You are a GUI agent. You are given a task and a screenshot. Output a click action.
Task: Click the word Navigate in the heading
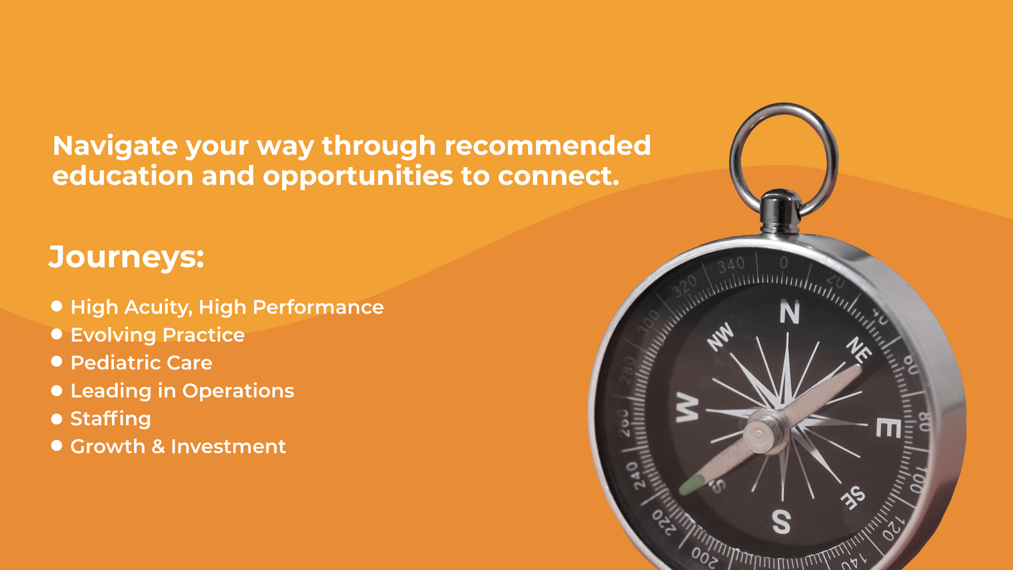coord(115,146)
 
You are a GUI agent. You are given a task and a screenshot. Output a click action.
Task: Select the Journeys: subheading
coord(126,258)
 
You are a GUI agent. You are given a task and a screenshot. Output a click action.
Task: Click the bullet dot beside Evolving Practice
coord(57,334)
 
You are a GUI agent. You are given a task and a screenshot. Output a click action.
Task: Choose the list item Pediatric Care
coord(141,363)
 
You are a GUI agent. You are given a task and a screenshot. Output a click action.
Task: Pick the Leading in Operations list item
coord(182,391)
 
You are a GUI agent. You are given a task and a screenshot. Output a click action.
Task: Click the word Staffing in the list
coord(111,419)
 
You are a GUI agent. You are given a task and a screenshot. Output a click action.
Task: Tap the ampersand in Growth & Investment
coord(158,446)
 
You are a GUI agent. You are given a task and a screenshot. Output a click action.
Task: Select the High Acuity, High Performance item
coord(227,307)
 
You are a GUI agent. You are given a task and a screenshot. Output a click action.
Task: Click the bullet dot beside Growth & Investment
coord(57,446)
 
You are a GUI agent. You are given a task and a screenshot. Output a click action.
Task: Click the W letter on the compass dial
coord(687,407)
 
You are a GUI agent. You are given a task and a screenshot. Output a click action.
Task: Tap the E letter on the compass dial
coord(888,427)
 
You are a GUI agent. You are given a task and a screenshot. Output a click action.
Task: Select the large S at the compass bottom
coord(781,521)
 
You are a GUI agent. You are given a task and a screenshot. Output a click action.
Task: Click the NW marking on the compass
coord(721,336)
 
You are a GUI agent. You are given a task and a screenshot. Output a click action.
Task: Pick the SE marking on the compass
coord(853,498)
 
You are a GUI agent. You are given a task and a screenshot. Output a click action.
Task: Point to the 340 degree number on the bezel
coord(731,264)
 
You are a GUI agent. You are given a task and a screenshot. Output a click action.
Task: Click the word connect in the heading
coord(559,176)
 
